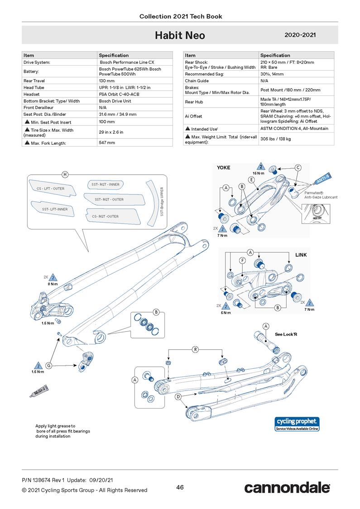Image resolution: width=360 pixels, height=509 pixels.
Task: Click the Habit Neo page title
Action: click(x=180, y=35)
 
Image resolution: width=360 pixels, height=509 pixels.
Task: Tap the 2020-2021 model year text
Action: click(x=300, y=35)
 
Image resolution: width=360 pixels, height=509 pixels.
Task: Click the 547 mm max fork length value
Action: click(x=107, y=143)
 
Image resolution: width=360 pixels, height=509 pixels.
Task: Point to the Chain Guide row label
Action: click(x=197, y=81)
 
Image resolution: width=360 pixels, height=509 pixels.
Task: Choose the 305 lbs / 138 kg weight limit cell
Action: click(x=275, y=139)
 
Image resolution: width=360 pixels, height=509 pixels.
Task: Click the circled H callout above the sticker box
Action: click(x=65, y=175)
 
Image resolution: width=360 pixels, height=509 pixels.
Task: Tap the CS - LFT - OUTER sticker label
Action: click(x=47, y=188)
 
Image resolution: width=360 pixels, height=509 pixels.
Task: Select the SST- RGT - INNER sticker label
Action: click(x=106, y=185)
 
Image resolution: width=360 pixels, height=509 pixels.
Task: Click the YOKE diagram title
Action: click(x=223, y=167)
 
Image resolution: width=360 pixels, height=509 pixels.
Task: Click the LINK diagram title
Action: click(x=301, y=255)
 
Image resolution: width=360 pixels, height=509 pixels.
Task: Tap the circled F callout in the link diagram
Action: click(x=243, y=261)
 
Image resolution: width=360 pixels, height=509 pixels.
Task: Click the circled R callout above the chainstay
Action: click(x=196, y=349)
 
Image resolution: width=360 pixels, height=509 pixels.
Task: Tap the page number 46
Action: click(x=180, y=487)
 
